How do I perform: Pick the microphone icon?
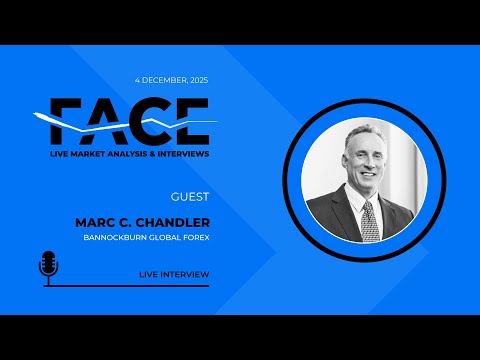(x=47, y=267)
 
